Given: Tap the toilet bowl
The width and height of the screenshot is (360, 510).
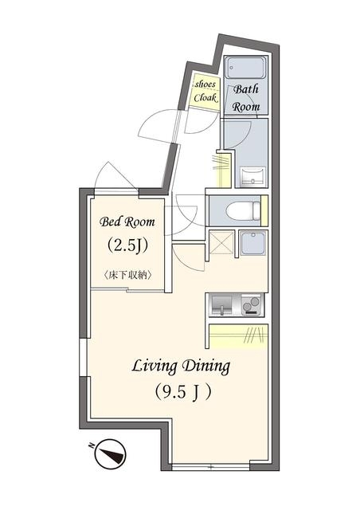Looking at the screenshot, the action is click(243, 210).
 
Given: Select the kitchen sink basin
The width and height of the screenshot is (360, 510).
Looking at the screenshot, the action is click(221, 305).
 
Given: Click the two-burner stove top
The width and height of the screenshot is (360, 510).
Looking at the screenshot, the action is click(252, 305).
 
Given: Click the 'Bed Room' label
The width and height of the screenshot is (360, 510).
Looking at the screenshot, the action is click(127, 222).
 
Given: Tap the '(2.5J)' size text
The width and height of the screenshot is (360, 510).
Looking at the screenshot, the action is click(127, 245).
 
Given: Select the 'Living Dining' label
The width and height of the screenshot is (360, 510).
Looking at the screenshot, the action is click(181, 367).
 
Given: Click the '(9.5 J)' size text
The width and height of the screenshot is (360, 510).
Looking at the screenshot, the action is click(182, 393).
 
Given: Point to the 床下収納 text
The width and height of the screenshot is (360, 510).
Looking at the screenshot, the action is click(127, 276).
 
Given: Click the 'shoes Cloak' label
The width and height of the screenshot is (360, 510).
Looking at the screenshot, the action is click(205, 91).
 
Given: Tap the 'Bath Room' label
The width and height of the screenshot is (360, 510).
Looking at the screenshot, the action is click(246, 97).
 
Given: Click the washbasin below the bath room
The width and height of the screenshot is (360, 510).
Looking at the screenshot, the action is click(252, 177).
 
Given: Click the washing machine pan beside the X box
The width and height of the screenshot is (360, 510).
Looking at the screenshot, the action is click(253, 243).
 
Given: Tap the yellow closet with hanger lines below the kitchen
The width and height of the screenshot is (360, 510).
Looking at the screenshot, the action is click(238, 336).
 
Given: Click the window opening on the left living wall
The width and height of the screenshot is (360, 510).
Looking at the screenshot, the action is click(84, 358).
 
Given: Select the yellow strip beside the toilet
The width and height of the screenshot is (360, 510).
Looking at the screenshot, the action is click(264, 210).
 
